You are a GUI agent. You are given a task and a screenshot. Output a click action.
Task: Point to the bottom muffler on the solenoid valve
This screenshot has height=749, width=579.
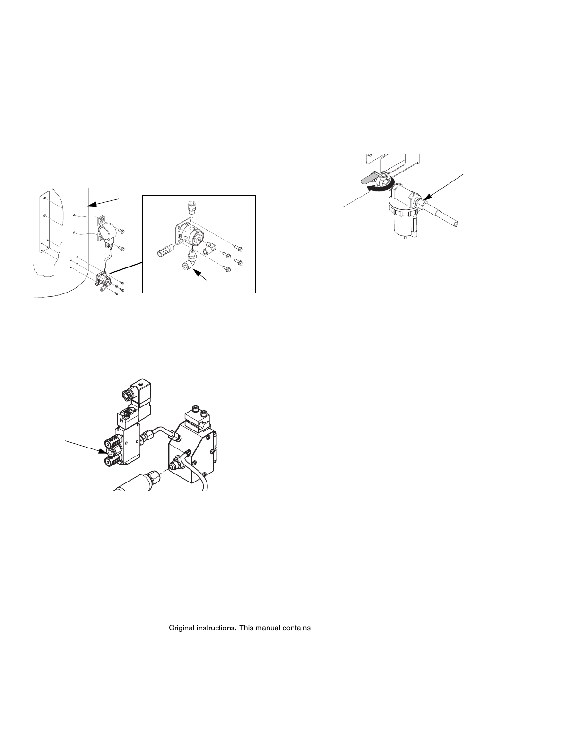click(x=113, y=461)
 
